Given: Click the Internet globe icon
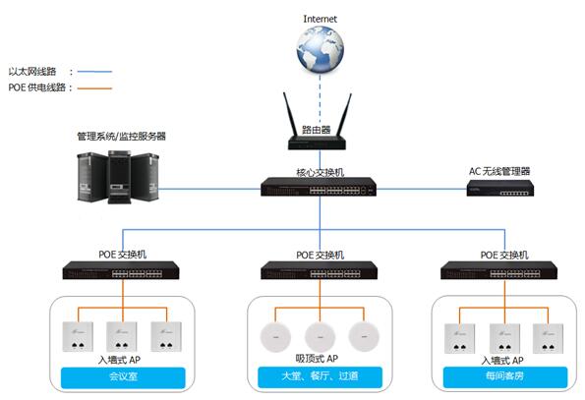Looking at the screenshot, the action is (321, 49).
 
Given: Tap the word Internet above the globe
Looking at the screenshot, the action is (321, 19).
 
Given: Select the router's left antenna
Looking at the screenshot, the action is (290, 115).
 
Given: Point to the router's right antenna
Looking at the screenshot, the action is (344, 115).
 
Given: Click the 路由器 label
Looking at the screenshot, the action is (317, 130).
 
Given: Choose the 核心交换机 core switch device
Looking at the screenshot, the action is (319, 187).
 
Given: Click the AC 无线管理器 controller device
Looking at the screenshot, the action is (499, 188).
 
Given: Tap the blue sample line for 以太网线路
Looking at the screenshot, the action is (94, 71).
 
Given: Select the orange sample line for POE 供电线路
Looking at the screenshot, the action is (94, 88).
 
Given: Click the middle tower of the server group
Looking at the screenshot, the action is (119, 177).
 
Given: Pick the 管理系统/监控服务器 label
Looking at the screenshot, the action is (121, 136).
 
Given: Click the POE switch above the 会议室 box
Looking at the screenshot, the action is (121, 270).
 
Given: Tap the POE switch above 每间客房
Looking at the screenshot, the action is (498, 270).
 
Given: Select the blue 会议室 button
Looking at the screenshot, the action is (123, 377).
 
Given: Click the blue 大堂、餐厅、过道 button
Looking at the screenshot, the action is (320, 377).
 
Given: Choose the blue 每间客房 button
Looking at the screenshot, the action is (505, 377).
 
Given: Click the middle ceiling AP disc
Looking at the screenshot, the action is (321, 337).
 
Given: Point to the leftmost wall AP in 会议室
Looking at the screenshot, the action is (78, 337).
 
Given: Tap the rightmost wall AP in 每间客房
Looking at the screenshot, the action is (548, 338).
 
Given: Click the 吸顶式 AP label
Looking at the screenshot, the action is (317, 359).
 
